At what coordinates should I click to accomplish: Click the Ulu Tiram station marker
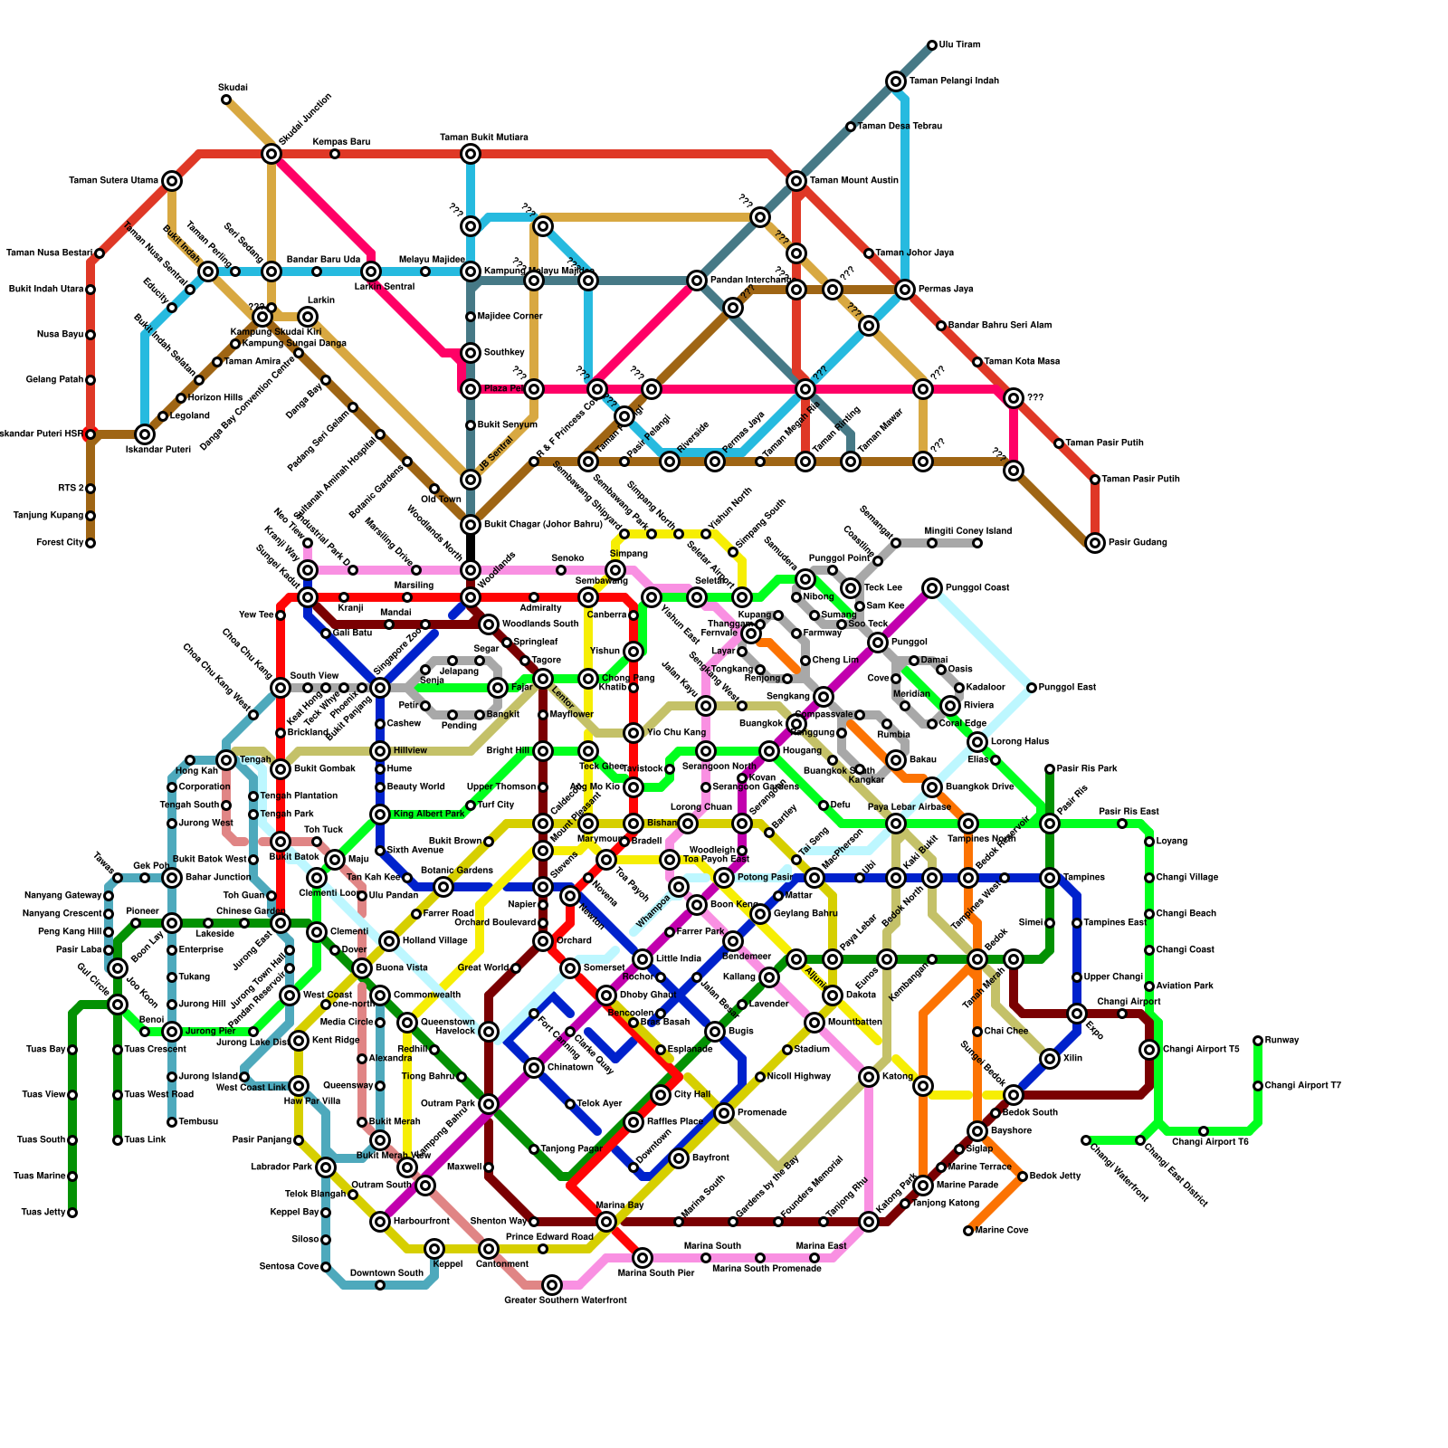pos(932,45)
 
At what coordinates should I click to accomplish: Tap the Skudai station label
pos(233,88)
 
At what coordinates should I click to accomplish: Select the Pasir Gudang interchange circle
pos(1095,543)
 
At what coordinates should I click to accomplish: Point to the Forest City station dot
pos(90,543)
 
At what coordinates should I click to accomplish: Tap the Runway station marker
pos(1258,1041)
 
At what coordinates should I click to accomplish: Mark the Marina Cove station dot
pos(968,1231)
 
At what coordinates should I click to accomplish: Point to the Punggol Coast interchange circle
pos(932,588)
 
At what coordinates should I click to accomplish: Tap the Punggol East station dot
pos(1032,688)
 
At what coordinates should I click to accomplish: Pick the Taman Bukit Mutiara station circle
pos(471,154)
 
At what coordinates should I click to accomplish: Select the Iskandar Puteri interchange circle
pos(145,434)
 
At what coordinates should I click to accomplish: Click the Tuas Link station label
pos(145,1140)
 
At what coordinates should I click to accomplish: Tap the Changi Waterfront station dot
pos(1086,1140)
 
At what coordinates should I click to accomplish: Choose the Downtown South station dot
pos(380,1285)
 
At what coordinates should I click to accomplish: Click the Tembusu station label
pos(198,1122)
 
